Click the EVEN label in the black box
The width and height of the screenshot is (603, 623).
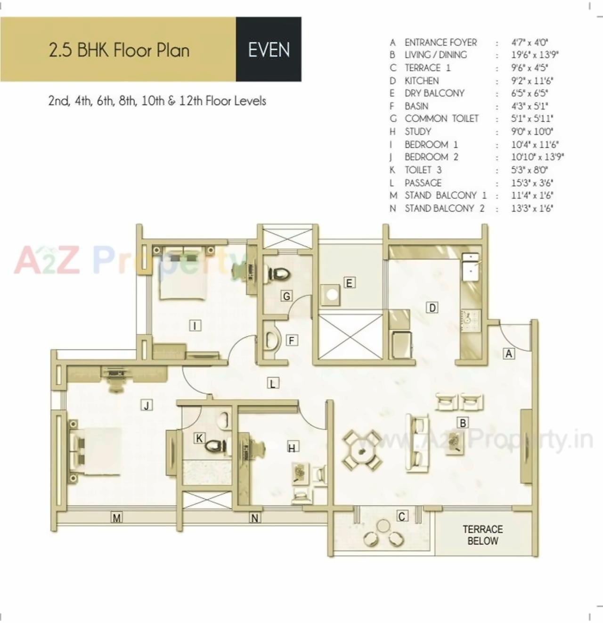[x=269, y=50]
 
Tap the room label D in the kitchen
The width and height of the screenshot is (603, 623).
[x=432, y=308]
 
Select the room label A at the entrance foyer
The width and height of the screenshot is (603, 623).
[x=508, y=353]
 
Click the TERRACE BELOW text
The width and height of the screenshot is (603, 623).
[x=482, y=535]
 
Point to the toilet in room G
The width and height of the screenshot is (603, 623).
[x=278, y=274]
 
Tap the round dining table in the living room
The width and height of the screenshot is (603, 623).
[x=362, y=450]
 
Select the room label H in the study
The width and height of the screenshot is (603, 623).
[x=292, y=448]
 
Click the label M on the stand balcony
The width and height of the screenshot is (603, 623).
[x=116, y=518]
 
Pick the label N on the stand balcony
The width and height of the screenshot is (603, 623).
[x=254, y=518]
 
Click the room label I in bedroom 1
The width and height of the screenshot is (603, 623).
[x=195, y=325]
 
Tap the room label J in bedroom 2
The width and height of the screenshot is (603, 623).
[x=147, y=405]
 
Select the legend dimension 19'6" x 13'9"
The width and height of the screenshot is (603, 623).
[x=535, y=55]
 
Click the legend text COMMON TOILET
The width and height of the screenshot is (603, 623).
[x=441, y=118]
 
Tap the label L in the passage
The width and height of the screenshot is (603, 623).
[x=272, y=383]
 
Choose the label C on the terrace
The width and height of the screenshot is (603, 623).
[x=402, y=516]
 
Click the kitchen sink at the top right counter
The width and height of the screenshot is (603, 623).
[x=470, y=266]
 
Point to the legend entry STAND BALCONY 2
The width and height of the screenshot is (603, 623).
[x=444, y=208]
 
